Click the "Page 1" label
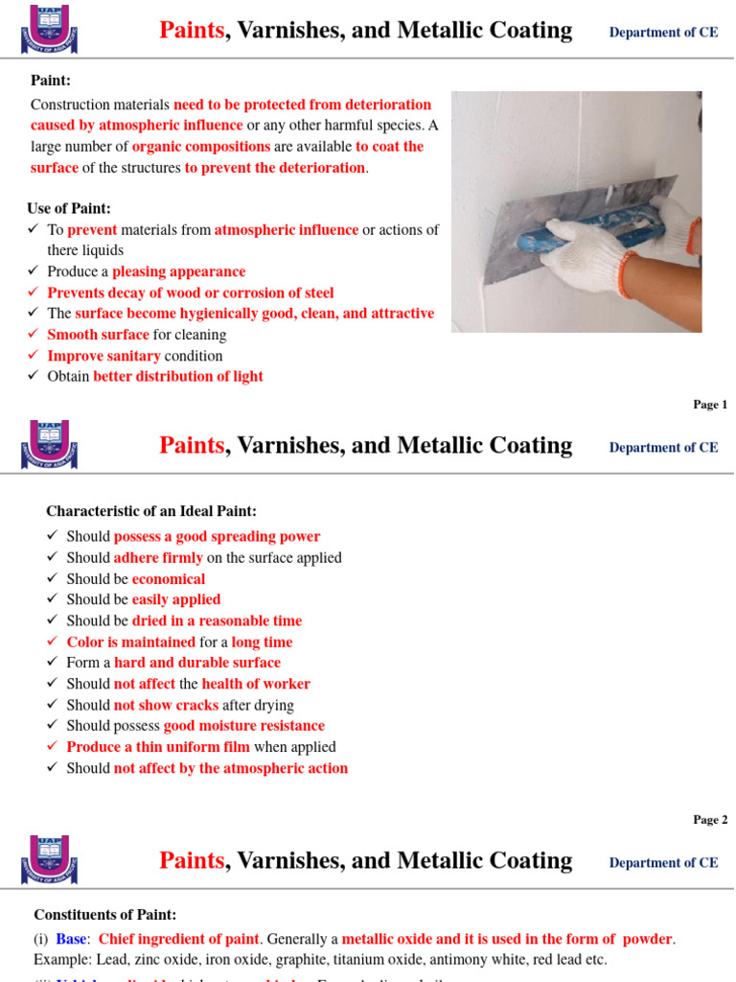[710, 405]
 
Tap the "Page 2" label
[710, 820]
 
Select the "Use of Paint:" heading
[69, 208]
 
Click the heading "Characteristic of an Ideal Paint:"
[151, 511]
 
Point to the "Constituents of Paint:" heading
[105, 915]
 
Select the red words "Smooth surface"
[98, 335]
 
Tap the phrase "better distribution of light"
[177, 376]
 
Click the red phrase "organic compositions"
[201, 147]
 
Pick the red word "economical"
[169, 579]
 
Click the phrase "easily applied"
[176, 599]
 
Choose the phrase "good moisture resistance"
[243, 726]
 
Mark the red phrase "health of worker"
[256, 684]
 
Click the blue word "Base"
[71, 938]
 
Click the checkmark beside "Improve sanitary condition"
[34, 356]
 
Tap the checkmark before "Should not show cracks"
[53, 705]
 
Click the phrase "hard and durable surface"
[197, 663]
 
